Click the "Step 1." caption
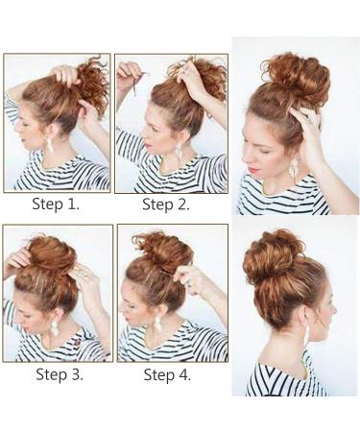click(x=56, y=204)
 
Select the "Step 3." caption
click(x=56, y=374)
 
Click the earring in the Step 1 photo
click(x=49, y=143)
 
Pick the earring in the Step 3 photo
click(x=54, y=324)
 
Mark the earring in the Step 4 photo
click(x=157, y=321)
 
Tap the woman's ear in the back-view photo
click(x=310, y=318)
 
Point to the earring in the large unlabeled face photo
click(x=292, y=169)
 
